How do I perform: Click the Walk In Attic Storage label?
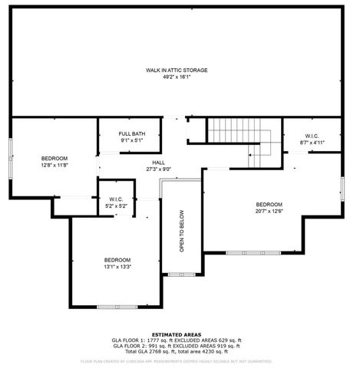coord(177,70)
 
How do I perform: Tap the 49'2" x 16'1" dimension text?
coord(177,77)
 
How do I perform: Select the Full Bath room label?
coord(131,134)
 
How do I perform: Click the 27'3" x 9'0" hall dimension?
coord(159,169)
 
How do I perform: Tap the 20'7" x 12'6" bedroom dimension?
coord(269,211)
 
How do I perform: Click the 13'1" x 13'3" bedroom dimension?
coord(117,267)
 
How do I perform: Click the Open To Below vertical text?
coord(182,232)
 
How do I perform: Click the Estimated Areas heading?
coord(177,334)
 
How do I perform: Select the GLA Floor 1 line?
coord(177,340)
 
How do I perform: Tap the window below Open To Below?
coord(181,274)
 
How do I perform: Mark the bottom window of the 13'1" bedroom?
coord(117,307)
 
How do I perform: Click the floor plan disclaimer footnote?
coord(177,360)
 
